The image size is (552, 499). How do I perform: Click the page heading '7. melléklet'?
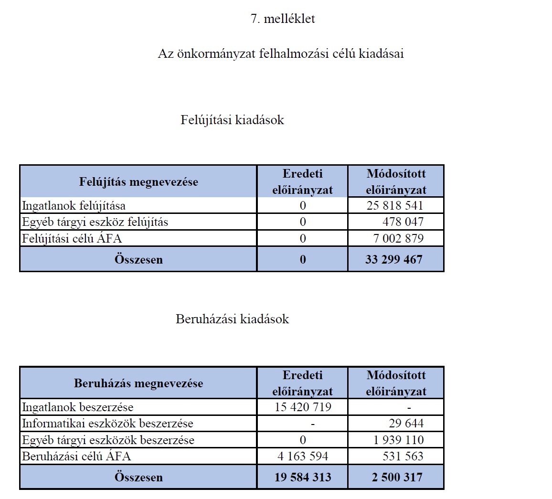coord(283,19)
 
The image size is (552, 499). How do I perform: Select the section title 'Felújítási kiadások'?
coord(232,120)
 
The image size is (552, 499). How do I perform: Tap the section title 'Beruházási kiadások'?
coord(232,319)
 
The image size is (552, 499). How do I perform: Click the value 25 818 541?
coord(395,206)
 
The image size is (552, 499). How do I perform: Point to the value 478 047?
coord(403,222)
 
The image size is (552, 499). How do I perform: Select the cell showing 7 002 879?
coord(398,238)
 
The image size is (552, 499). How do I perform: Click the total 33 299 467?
coord(394,260)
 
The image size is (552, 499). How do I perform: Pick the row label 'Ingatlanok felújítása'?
coord(74,206)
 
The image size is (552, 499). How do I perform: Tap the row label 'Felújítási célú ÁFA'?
coord(75,238)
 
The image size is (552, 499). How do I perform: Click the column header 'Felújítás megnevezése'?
coord(138,182)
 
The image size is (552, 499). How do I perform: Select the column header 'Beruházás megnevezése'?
coord(138,383)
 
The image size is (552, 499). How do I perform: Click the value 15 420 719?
coord(303,407)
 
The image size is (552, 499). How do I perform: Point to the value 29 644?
coord(406,424)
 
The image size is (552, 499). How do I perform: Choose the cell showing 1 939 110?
coord(398,440)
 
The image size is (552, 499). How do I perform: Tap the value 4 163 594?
coord(303,456)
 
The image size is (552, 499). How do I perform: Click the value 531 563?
coord(403,456)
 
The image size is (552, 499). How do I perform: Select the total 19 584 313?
coord(303,478)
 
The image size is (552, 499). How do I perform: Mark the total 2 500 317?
coord(397,478)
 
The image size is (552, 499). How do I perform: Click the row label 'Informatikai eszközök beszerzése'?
coord(107,424)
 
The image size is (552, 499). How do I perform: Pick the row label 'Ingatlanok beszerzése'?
coord(78,407)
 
